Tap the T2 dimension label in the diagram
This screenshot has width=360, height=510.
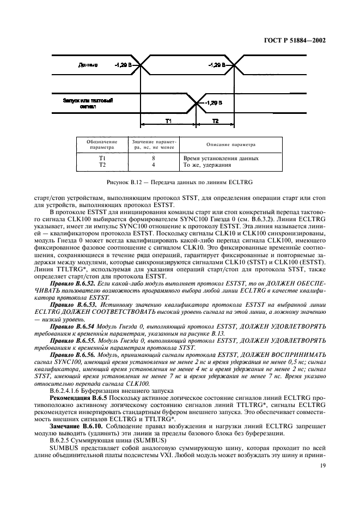click(x=215, y=120)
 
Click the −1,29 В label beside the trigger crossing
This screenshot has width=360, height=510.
click(x=212, y=102)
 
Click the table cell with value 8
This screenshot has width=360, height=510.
click(x=154, y=158)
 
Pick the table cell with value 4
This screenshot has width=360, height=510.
click(x=154, y=164)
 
